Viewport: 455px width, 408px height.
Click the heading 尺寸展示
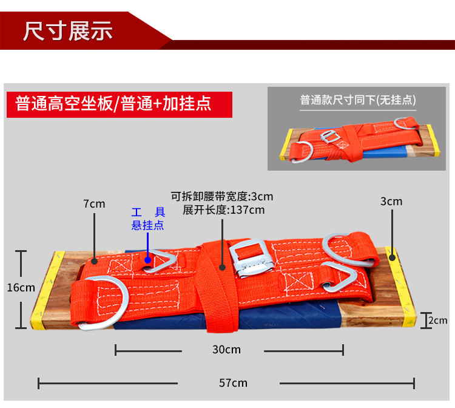pos(68,30)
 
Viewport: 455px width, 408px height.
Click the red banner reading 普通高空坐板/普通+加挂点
pos(113,103)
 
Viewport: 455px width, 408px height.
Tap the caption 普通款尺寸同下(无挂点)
pos(358,100)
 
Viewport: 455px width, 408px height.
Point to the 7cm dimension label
pos(94,203)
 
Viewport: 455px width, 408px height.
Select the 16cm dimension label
pos(21,287)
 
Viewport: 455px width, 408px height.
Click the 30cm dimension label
pos(226,350)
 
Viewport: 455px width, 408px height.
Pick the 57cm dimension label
pos(234,383)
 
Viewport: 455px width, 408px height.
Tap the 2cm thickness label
pos(437,320)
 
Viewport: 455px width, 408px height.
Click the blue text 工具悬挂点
pos(148,219)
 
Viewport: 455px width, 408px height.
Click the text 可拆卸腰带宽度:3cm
pos(221,196)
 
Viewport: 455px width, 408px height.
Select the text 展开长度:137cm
pos(223,210)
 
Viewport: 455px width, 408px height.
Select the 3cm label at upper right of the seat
pos(391,201)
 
